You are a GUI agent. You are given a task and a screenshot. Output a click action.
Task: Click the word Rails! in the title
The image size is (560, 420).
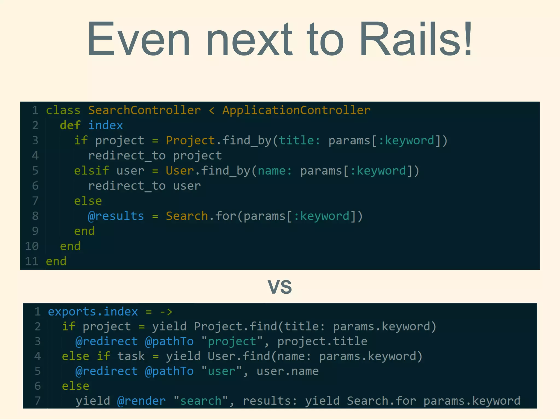pos(416,39)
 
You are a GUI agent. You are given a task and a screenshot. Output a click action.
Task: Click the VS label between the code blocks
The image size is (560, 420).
pos(280,287)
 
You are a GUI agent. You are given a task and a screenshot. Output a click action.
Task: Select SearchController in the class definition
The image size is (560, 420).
pos(144,110)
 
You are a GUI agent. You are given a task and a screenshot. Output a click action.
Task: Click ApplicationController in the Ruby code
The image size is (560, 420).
pos(296,110)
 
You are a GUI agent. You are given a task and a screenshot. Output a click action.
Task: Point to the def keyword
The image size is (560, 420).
pos(70,125)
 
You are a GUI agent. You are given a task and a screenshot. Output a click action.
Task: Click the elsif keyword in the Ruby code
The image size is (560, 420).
pos(92,171)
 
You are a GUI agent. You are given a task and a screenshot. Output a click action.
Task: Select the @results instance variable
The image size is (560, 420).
pos(116,216)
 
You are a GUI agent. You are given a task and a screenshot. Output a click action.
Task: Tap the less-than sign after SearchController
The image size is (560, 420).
pos(211,110)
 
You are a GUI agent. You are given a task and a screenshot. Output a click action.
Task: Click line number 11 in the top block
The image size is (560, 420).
pos(32,261)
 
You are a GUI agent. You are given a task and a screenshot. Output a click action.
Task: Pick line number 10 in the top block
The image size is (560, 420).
pos(32,246)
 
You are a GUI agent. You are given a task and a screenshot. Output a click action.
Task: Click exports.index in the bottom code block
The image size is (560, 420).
pos(93,312)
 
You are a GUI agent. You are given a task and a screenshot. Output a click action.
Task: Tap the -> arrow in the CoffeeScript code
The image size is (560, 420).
pos(166,312)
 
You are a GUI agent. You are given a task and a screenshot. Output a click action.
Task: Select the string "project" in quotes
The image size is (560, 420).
pos(232,341)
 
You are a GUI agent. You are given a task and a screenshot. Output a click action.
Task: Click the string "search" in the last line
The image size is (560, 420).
pos(201,401)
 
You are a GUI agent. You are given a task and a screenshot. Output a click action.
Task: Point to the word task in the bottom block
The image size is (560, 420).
pos(131,356)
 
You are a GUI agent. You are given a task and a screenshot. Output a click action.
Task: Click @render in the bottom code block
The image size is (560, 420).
pos(141,401)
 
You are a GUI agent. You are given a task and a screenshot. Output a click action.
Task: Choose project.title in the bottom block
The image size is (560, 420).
pos(322,341)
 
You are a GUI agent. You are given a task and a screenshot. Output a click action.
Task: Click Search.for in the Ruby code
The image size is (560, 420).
pos(201,216)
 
